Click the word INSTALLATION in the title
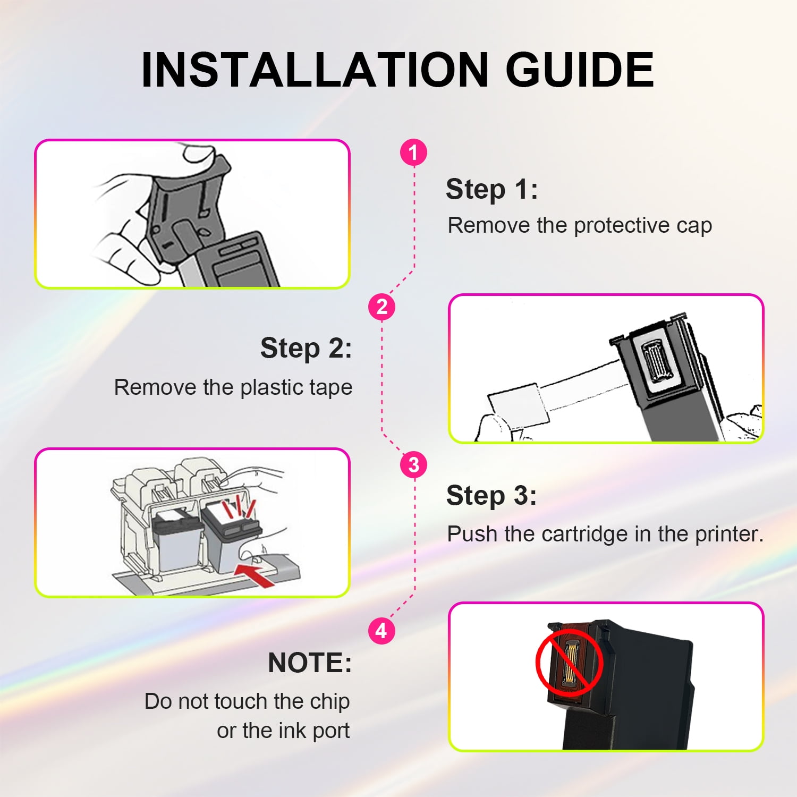tap(315, 70)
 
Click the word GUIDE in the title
tap(580, 70)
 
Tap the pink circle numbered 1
tap(413, 152)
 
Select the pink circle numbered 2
tap(381, 307)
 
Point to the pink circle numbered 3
tap(413, 464)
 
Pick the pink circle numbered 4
tap(381, 631)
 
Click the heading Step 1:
tap(491, 190)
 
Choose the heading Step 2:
tap(306, 349)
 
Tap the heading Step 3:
tap(491, 495)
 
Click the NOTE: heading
tap(310, 663)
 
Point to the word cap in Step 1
tap(694, 226)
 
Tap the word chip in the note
tap(329, 702)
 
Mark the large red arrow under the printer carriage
tap(255, 574)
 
